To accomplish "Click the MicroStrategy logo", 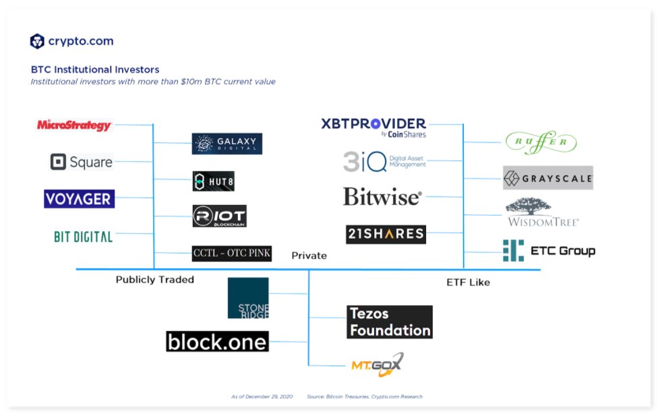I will (x=74, y=125).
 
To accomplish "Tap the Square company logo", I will (x=82, y=162).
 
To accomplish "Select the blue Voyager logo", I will (x=79, y=198).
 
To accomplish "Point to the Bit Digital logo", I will (x=83, y=236).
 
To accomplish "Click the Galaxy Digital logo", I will (x=227, y=144).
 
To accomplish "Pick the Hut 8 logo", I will (x=213, y=181).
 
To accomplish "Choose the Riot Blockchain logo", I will (x=219, y=216).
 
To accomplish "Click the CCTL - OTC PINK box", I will (x=231, y=254).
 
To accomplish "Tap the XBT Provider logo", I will (x=373, y=126).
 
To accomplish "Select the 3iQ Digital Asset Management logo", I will (x=384, y=161).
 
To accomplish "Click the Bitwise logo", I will (x=382, y=196).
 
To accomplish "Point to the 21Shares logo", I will (x=386, y=234).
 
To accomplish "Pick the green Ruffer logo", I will (x=541, y=142).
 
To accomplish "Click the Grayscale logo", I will (x=547, y=179).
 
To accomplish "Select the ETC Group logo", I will (x=549, y=251).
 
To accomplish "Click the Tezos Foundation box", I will (x=390, y=322).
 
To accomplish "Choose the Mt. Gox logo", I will (x=377, y=365).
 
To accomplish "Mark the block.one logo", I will (x=217, y=341).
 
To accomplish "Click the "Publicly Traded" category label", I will (x=154, y=279).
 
